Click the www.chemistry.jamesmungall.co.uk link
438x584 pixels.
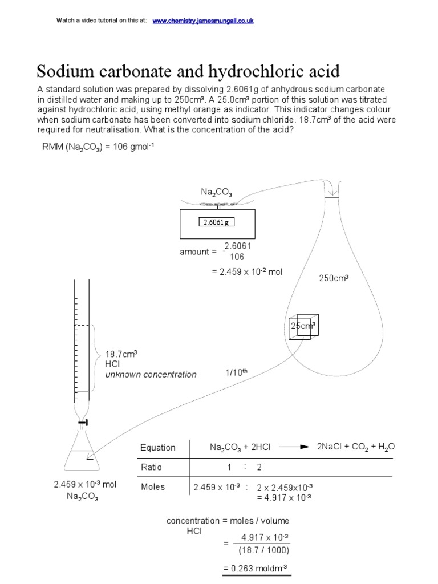click(x=203, y=21)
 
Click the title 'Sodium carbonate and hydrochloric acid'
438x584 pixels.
click(x=188, y=72)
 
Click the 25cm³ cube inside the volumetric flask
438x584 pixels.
click(x=303, y=327)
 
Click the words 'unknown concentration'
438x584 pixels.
click(x=151, y=375)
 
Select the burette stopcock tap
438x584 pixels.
click(x=84, y=422)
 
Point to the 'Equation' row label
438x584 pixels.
click(x=158, y=448)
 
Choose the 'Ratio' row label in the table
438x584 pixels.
click(x=151, y=467)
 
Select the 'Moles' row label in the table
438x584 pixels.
click(x=152, y=487)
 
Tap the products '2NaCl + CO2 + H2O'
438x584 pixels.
click(x=355, y=447)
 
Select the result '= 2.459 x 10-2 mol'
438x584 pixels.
click(x=246, y=272)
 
